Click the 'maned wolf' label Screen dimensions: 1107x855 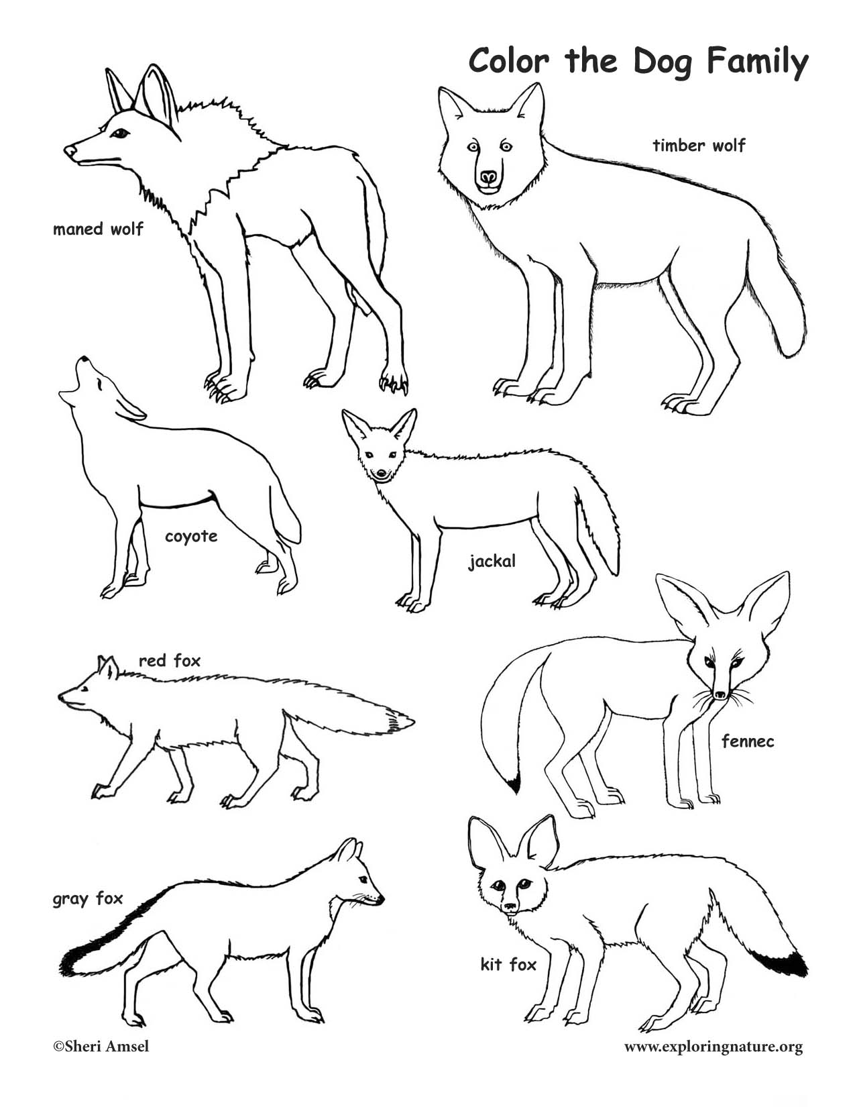[x=98, y=229]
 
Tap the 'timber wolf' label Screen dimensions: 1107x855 [x=699, y=145]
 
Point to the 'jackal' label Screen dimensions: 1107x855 [x=492, y=561]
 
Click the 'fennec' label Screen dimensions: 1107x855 [x=748, y=741]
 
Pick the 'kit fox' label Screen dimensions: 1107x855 [x=508, y=965]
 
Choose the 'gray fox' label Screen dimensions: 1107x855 [x=88, y=898]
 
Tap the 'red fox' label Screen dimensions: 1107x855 [x=170, y=661]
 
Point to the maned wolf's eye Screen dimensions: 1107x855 [x=121, y=134]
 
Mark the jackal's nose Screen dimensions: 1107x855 [x=381, y=474]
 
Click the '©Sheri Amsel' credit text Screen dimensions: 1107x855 [x=101, y=1065]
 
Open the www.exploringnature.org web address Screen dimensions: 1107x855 [x=713, y=1065]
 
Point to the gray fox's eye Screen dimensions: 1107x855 [x=363, y=880]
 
